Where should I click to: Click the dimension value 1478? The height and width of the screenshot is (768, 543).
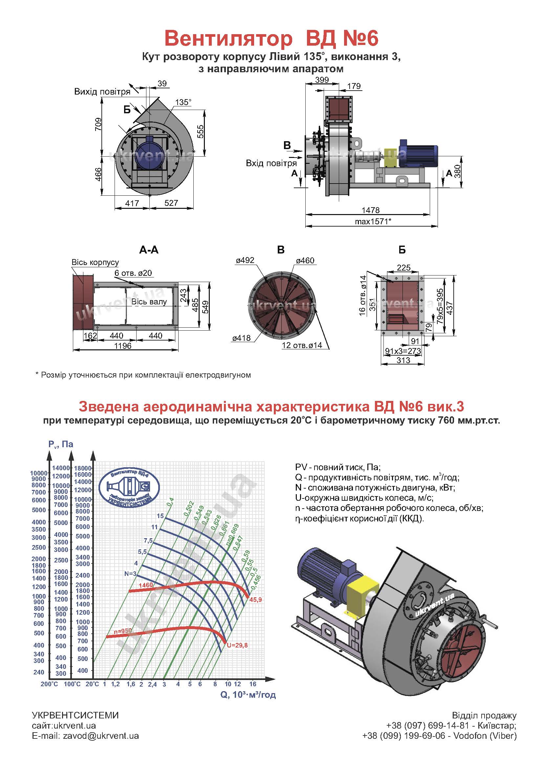(x=370, y=210)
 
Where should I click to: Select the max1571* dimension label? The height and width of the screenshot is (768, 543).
(x=373, y=221)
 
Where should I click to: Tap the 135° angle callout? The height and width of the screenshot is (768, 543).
(x=183, y=102)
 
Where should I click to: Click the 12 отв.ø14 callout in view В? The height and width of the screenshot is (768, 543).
(x=302, y=345)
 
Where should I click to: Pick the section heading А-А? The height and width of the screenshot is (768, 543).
(x=149, y=250)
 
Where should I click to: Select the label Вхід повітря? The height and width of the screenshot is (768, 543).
(x=271, y=163)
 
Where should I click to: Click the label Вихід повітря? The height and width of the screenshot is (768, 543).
(x=102, y=92)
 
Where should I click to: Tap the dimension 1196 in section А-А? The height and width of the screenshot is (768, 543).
(x=123, y=346)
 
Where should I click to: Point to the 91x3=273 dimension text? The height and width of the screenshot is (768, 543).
(x=403, y=351)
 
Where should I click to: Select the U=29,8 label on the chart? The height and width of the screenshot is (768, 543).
(x=237, y=645)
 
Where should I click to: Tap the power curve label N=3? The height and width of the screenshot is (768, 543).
(x=130, y=574)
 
